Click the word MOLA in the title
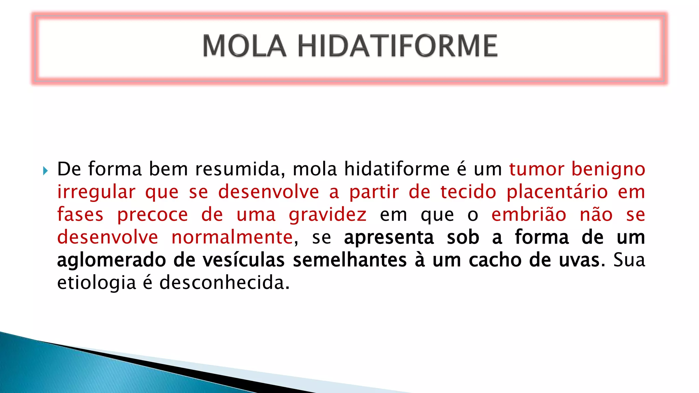244,46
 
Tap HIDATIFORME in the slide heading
398,46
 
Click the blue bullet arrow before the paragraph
45,171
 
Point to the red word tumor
536,169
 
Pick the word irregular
96,192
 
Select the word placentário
557,192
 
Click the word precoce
153,215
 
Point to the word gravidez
328,215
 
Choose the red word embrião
529,215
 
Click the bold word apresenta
389,238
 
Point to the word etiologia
97,283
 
